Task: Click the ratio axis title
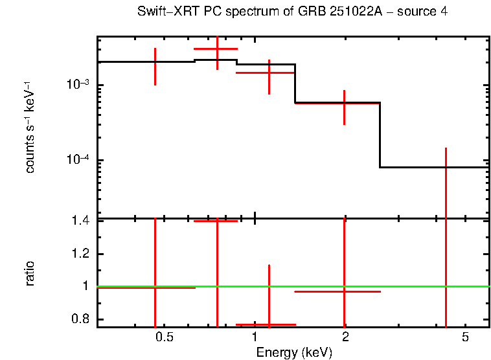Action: [x=30, y=273]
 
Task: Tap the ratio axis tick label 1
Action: [x=84, y=286]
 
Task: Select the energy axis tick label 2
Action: [x=345, y=337]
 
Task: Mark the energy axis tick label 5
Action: [x=465, y=337]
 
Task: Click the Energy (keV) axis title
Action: [x=294, y=352]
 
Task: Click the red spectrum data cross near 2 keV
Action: [x=344, y=103]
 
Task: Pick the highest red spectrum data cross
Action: [x=217, y=49]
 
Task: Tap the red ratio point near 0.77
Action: [x=269, y=324]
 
